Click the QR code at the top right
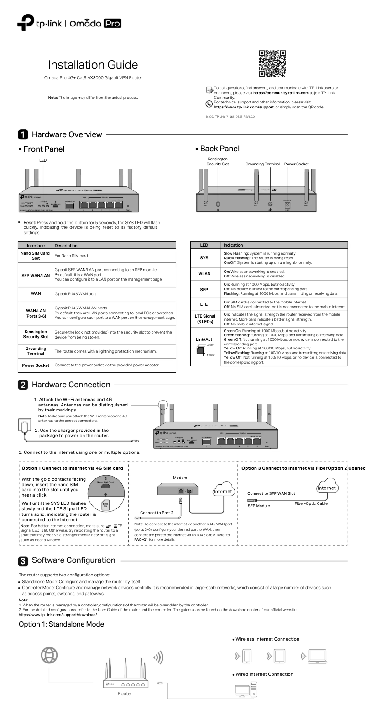pos(272,63)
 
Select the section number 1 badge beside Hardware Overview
pos(23,134)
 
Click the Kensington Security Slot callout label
pos(218,161)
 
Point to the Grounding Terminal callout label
pos(262,164)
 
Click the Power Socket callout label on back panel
pos(296,164)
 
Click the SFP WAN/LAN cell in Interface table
pos(36,275)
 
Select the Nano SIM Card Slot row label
pos(36,256)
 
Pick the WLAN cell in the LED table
pos(204,274)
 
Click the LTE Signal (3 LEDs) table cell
pos(204,318)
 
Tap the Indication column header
pos(233,245)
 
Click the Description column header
pos(66,245)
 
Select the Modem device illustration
pos(180,491)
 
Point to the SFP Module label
pos(259,506)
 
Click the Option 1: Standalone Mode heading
pos(61,624)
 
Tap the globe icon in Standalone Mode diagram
pos(50,655)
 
